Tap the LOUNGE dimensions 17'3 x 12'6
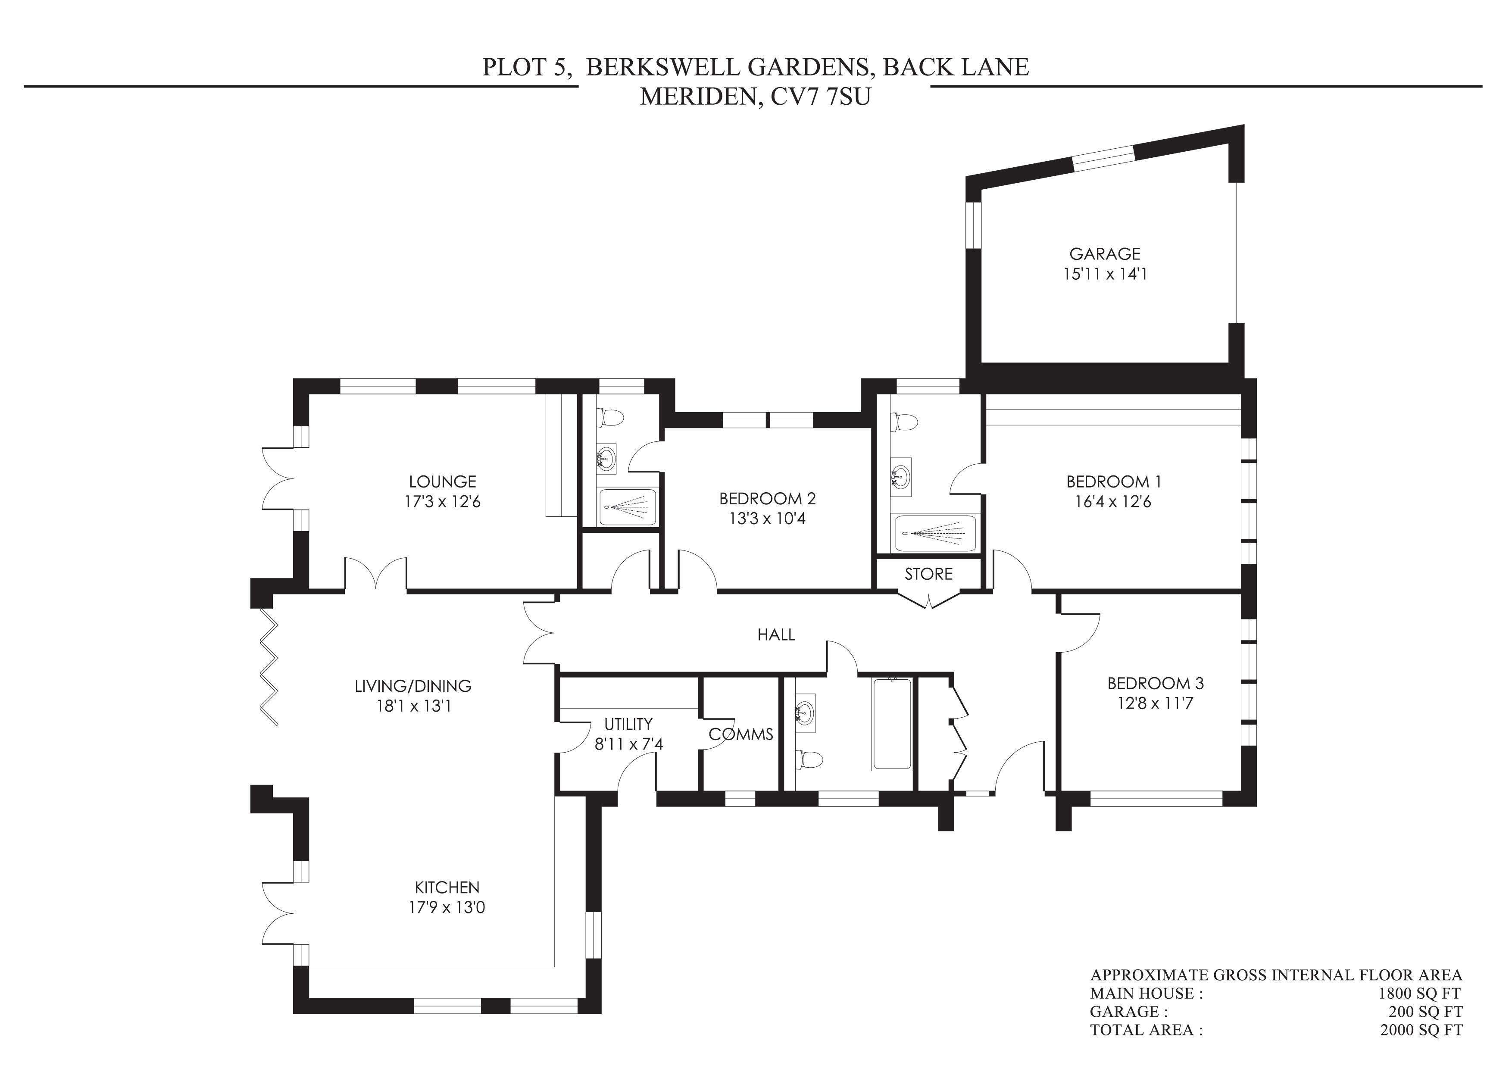[443, 502]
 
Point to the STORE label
[928, 574]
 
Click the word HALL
[776, 634]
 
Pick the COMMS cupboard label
[741, 734]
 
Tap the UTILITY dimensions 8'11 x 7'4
[628, 744]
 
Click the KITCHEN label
[447, 887]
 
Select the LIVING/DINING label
[413, 686]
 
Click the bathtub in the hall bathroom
[892, 723]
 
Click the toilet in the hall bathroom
[809, 760]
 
